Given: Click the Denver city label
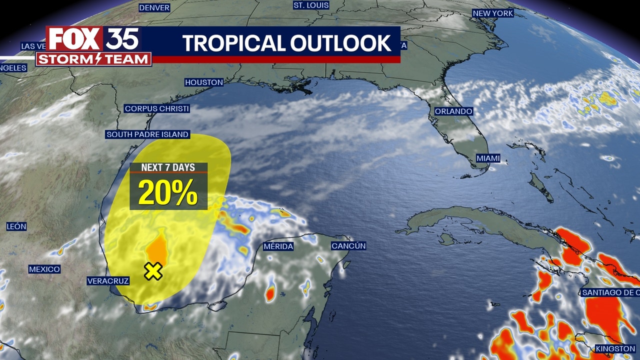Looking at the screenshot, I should point(154,7).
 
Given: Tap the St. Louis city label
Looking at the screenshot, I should point(311,5).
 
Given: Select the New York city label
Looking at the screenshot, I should point(493,13).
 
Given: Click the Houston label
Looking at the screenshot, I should point(204,82).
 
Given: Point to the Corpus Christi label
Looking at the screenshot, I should point(157,108).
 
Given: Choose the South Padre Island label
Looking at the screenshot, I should point(147,134).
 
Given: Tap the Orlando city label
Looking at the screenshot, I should point(453,111).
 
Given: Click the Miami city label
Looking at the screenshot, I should point(488,158).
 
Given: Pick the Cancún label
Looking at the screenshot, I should point(349,246).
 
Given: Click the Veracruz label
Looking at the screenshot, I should point(108,281).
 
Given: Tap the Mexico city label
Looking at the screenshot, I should point(44,269).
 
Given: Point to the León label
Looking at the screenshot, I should point(16,226).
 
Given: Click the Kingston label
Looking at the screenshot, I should point(615,348).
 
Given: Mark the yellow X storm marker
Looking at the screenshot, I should point(153,271).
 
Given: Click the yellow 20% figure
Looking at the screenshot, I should point(168,192).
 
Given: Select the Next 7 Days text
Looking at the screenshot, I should point(168,167).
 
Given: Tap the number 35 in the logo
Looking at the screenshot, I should point(122,39).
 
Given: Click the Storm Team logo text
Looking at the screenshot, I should point(93,59).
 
